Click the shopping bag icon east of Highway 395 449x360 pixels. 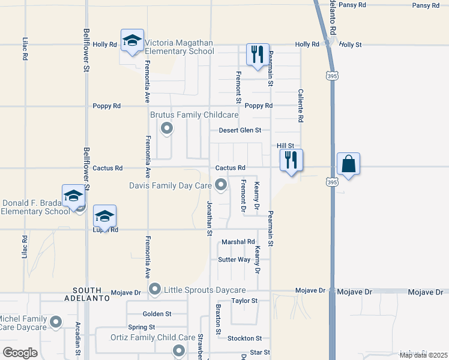349,163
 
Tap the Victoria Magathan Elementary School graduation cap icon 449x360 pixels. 132,41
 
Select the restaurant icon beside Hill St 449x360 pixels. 291,160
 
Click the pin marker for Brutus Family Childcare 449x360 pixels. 166,128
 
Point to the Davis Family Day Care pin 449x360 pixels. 221,185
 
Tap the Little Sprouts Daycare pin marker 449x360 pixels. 155,290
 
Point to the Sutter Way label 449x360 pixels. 234,260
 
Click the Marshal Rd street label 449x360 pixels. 238,242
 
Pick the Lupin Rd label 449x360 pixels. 105,230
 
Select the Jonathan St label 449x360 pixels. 210,218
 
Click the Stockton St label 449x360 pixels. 244,338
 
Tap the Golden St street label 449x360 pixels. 157,314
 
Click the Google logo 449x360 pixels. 20,353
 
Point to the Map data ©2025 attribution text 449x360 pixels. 423,355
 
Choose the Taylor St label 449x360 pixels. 244,301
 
